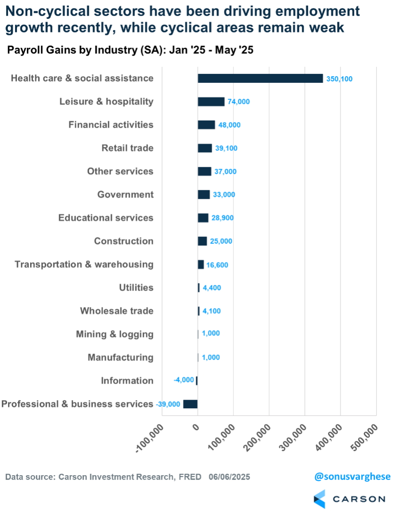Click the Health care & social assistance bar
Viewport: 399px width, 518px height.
pyautogui.click(x=260, y=78)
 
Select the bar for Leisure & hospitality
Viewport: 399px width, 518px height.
pyautogui.click(x=211, y=102)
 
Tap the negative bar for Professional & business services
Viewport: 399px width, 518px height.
pyautogui.click(x=191, y=404)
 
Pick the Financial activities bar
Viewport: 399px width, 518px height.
pyautogui.click(x=206, y=125)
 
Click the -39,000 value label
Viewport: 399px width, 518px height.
pyautogui.click(x=168, y=404)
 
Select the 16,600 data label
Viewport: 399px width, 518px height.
pyautogui.click(x=217, y=265)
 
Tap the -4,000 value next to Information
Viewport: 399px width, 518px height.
pyautogui.click(x=183, y=380)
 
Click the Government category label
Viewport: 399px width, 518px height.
pyautogui.click(x=125, y=194)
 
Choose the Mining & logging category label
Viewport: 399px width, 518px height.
pyautogui.click(x=115, y=334)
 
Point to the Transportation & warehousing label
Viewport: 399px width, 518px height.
pyautogui.click(x=84, y=264)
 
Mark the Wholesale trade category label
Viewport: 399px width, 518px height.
pyautogui.click(x=116, y=311)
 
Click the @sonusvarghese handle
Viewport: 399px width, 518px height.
pyautogui.click(x=352, y=477)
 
